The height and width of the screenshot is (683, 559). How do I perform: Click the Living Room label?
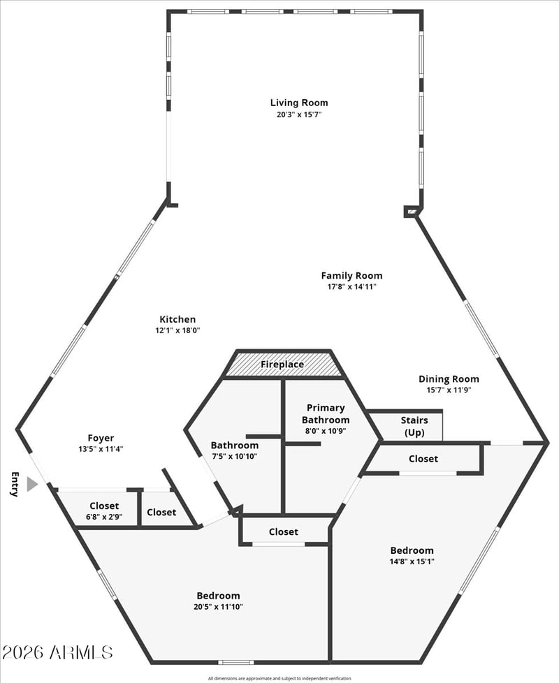tap(298, 103)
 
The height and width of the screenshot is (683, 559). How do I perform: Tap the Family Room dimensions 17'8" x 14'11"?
tap(351, 286)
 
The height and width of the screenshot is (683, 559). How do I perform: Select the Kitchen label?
tap(177, 319)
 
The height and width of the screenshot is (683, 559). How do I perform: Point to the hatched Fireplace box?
tap(282, 365)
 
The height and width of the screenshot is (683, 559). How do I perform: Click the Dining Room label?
tap(449, 379)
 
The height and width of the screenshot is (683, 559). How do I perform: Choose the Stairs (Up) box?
tap(414, 426)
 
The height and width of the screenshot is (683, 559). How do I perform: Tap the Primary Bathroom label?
tap(325, 413)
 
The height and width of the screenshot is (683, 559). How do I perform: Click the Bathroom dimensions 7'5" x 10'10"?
tap(235, 456)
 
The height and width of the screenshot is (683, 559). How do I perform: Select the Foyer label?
tap(101, 438)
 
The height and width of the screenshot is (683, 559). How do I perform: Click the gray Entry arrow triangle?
tap(31, 484)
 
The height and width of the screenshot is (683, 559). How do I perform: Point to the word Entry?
tap(14, 484)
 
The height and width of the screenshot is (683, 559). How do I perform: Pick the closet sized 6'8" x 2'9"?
tap(104, 511)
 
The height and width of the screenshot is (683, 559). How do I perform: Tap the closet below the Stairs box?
tap(423, 459)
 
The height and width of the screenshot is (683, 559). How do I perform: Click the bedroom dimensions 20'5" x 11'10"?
tap(218, 606)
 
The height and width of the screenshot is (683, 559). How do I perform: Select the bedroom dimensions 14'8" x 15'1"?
tap(412, 561)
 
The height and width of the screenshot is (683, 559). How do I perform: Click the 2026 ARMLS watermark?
tap(57, 652)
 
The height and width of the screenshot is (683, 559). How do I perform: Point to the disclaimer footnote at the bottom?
tap(279, 678)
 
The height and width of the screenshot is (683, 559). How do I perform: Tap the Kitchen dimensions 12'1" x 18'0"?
tap(177, 330)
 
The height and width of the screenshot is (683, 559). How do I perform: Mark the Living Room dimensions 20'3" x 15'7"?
tap(298, 114)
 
